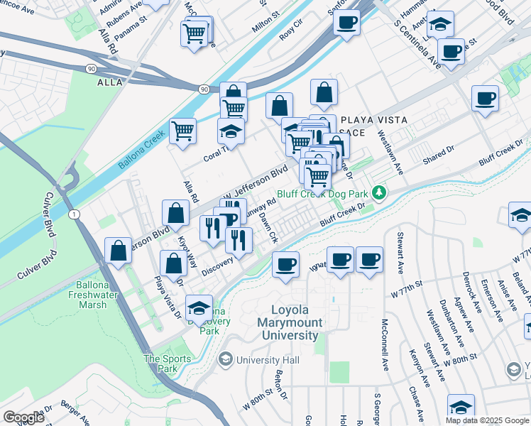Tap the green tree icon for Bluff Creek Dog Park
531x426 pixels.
(x=381, y=192)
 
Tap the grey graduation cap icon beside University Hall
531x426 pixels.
(x=226, y=360)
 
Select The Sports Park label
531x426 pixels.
(x=168, y=364)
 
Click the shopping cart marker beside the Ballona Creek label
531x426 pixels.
(x=183, y=131)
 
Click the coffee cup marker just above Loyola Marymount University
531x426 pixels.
(x=285, y=265)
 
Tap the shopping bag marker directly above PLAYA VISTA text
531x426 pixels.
(x=324, y=92)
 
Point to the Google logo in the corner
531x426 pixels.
(x=23, y=417)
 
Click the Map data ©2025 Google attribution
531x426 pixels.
(x=487, y=420)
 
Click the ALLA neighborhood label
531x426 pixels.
(x=110, y=82)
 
